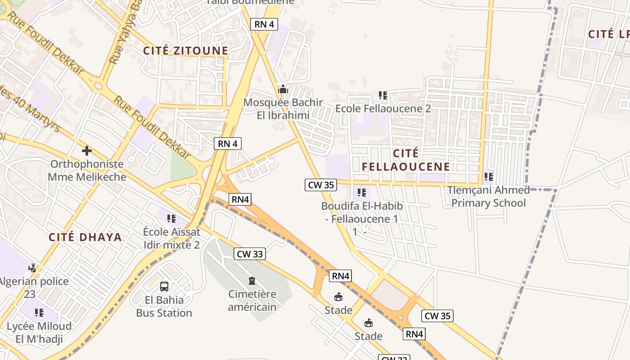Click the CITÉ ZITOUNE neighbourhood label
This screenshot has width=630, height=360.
pos(185,50)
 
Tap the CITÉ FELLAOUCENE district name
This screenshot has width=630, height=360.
pos(405,160)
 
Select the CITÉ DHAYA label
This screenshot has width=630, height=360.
pos(85,237)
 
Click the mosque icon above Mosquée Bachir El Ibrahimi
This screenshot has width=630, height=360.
pos(283,89)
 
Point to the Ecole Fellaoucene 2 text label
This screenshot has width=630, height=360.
pos(383,108)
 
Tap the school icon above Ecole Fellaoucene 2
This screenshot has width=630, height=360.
pos(382,95)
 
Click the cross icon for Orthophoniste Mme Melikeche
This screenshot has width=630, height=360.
pos(86,150)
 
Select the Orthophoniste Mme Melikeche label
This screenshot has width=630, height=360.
pos(87,170)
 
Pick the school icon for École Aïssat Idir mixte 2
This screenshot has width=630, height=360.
pos(171,219)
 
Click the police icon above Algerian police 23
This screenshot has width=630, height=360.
pos(32,268)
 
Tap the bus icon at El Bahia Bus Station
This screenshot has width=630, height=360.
pos(164,286)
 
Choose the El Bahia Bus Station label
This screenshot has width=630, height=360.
pos(164,306)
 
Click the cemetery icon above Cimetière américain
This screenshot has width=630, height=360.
pos(252,281)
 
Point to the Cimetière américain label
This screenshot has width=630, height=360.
pos(252,301)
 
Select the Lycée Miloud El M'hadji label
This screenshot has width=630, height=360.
pos(39,333)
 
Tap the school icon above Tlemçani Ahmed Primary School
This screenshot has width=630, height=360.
pos(488,177)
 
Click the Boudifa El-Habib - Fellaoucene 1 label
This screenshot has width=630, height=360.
pos(362,212)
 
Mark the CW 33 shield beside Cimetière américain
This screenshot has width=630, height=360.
pos(250,254)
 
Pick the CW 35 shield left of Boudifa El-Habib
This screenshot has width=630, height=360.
pos(320,184)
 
